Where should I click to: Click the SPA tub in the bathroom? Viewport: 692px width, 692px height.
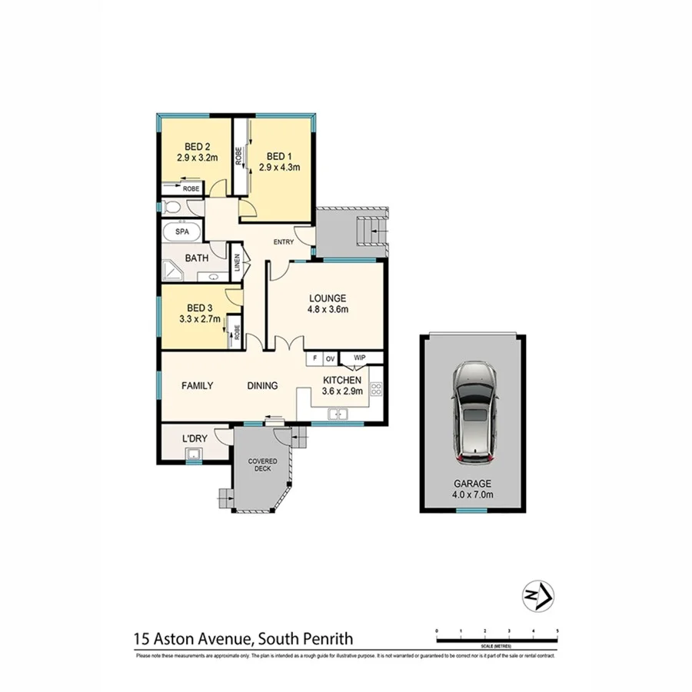(x=182, y=231)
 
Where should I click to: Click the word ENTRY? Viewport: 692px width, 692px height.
(x=284, y=243)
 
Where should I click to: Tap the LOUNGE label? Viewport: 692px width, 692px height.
(x=328, y=298)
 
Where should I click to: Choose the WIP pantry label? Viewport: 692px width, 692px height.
(x=359, y=358)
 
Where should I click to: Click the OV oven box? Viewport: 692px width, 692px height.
(x=329, y=358)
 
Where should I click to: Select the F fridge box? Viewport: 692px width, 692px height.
(x=313, y=358)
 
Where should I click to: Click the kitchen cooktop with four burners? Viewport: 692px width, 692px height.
(x=377, y=389)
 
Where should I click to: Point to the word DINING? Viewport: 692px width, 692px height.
(x=262, y=386)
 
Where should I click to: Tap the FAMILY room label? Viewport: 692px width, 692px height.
(x=197, y=386)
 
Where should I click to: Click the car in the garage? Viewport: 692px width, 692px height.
(x=474, y=412)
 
